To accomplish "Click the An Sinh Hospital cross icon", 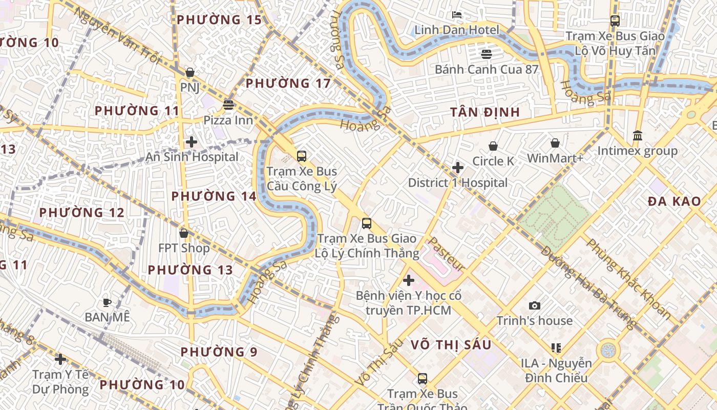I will [x=192, y=142].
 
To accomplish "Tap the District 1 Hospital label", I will [x=458, y=183].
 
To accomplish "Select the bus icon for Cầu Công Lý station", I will [x=302, y=156].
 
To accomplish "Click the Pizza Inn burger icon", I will [x=228, y=105].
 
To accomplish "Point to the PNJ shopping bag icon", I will [x=190, y=72].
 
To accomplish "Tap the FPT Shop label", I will [x=184, y=249].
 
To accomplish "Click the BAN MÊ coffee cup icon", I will [x=107, y=302].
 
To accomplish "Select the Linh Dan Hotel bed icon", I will [x=456, y=15].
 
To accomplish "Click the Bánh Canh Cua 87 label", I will [x=486, y=69].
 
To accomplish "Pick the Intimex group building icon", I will [x=638, y=136].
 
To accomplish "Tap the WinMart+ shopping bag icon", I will [x=555, y=143].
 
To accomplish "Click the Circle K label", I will [x=493, y=161].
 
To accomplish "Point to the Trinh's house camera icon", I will [x=535, y=306].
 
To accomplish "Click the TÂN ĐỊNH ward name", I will [x=485, y=112].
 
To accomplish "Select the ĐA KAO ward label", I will [x=674, y=201].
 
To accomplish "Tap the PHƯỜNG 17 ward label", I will [x=288, y=83].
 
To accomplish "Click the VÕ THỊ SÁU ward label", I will [x=451, y=345].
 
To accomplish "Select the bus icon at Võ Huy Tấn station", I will [x=615, y=21].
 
